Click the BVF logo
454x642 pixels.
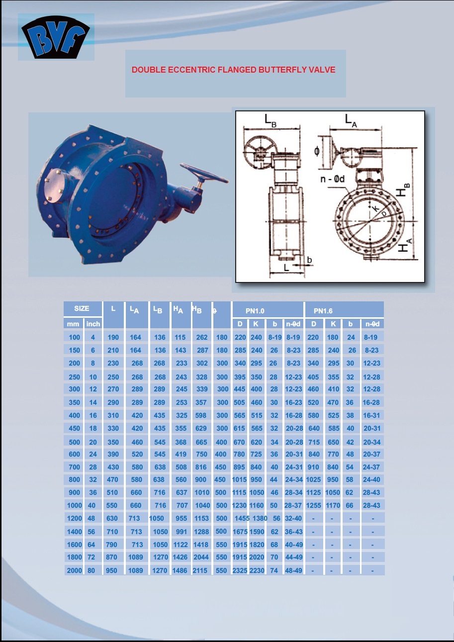(56, 37)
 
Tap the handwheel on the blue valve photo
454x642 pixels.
(204, 173)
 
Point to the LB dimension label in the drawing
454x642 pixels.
(271, 120)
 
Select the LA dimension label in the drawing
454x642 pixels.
(351, 120)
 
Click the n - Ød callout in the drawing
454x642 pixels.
(332, 179)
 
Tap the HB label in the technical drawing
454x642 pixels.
(403, 190)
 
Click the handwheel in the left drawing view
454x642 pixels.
(258, 152)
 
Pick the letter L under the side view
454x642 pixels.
(286, 268)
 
